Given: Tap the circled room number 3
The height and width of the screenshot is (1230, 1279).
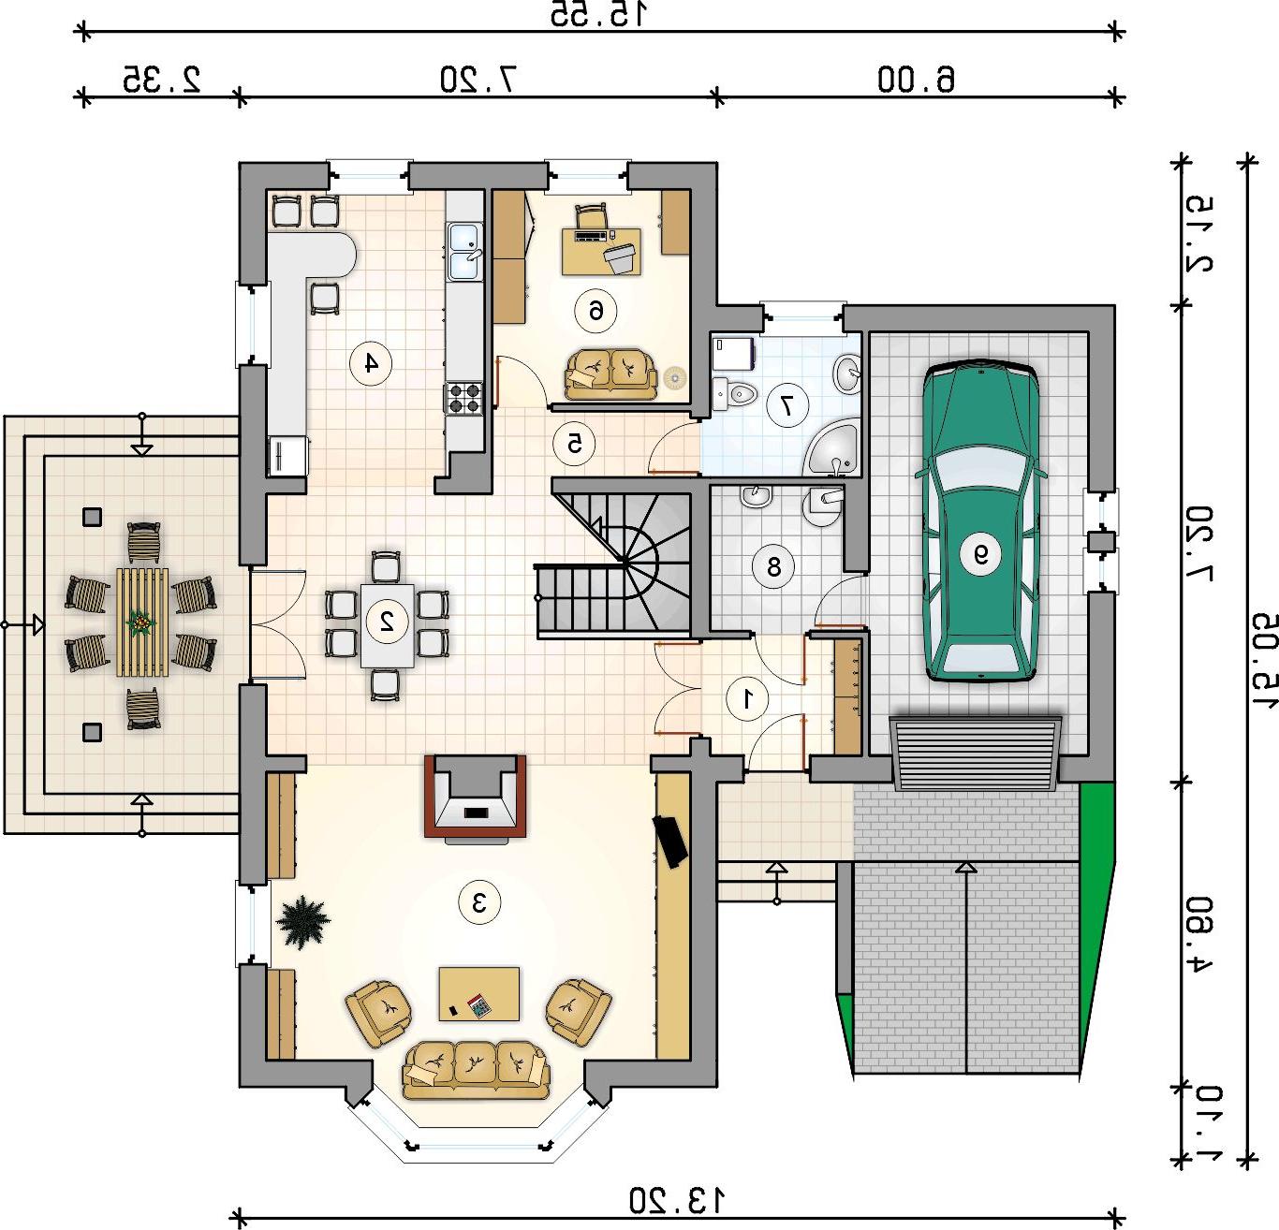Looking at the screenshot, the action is click(x=479, y=902).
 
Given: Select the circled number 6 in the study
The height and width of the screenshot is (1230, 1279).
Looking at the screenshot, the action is click(x=595, y=310).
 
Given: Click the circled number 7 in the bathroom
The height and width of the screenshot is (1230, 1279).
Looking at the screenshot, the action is click(x=787, y=405).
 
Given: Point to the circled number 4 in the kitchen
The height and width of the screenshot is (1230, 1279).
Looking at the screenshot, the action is click(x=371, y=362).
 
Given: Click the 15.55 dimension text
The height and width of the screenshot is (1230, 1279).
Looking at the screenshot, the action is click(x=598, y=14).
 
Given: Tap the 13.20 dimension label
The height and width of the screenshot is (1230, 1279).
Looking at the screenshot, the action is click(x=677, y=1200).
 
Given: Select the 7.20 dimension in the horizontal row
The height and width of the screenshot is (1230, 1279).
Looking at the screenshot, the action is click(x=479, y=80).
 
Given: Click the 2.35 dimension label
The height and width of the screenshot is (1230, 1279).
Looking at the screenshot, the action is click(x=161, y=80).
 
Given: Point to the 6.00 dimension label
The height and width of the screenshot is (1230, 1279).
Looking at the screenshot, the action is click(x=917, y=80).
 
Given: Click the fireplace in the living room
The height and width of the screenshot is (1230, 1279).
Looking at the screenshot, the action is click(x=476, y=797).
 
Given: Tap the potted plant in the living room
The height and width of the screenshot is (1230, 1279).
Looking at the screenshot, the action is click(x=302, y=922).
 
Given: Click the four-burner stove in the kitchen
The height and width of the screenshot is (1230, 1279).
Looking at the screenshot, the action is click(x=464, y=398).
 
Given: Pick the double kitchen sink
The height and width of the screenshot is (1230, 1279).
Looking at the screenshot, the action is click(x=465, y=252).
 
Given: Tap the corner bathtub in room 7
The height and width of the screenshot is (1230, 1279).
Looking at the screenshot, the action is click(x=832, y=447).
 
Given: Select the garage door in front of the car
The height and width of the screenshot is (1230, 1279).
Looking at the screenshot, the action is click(x=976, y=754).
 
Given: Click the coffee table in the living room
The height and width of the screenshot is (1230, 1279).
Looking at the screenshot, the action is click(x=479, y=993).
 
